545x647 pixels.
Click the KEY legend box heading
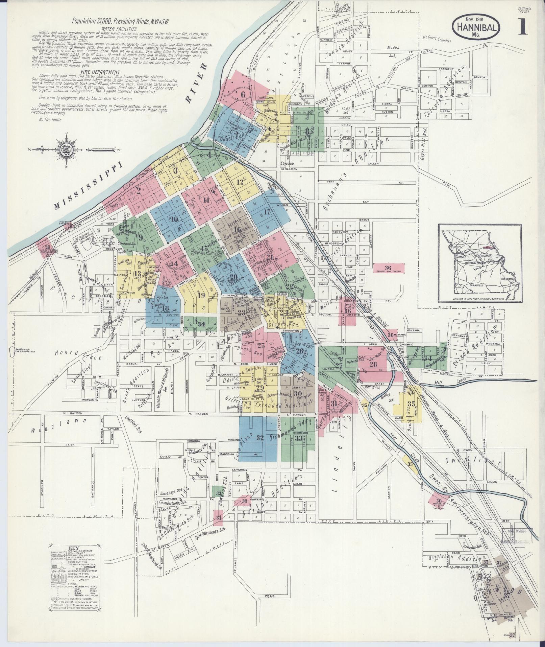point(74,548)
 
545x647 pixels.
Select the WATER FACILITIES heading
point(121,29)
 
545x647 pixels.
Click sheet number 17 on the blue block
point(267,212)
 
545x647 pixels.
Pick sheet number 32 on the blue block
point(260,438)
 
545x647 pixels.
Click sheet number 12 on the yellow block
point(240,182)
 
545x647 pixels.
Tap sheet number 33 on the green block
point(298,439)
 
